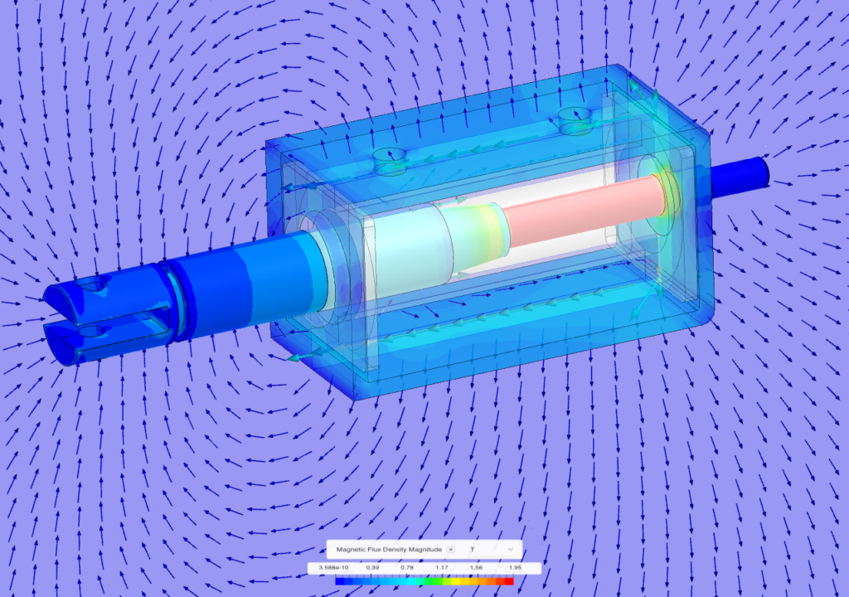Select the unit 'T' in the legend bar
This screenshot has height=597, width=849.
[472, 549]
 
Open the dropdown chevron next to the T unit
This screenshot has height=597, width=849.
[511, 549]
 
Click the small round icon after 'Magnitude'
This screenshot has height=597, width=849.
[451, 549]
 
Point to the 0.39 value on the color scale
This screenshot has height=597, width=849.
[372, 568]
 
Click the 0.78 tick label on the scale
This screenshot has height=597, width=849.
[407, 568]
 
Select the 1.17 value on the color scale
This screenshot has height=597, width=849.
[442, 568]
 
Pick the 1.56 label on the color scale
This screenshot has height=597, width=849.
[477, 568]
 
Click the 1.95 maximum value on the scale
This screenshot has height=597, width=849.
[515, 568]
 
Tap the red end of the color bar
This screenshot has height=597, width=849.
[509, 581]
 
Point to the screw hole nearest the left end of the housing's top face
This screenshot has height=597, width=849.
[387, 155]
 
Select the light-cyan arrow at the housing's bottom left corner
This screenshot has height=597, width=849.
[303, 357]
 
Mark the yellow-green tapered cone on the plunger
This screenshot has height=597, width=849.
[473, 236]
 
